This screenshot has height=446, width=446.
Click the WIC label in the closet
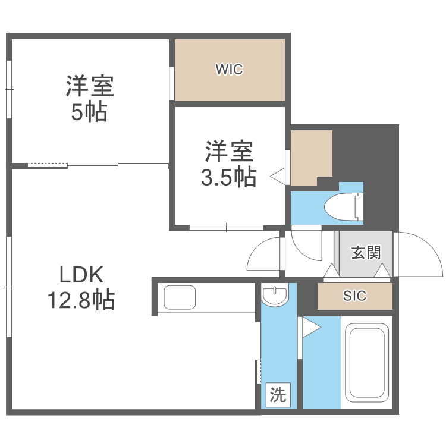tap(229, 70)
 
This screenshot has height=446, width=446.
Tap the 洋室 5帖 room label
tap(90, 99)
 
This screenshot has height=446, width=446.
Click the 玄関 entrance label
tap(365, 252)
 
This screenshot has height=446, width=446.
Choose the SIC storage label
tap(354, 296)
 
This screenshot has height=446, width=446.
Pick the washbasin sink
tap(275, 295)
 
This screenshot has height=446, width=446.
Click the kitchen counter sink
tap(180, 297)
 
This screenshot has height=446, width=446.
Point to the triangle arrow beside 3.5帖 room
tap(278, 176)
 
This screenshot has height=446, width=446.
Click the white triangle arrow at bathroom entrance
tap(310, 328)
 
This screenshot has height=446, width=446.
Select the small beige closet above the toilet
tap(310, 156)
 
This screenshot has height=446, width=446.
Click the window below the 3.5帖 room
tap(226, 227)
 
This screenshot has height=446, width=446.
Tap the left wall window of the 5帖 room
tap(10, 89)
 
